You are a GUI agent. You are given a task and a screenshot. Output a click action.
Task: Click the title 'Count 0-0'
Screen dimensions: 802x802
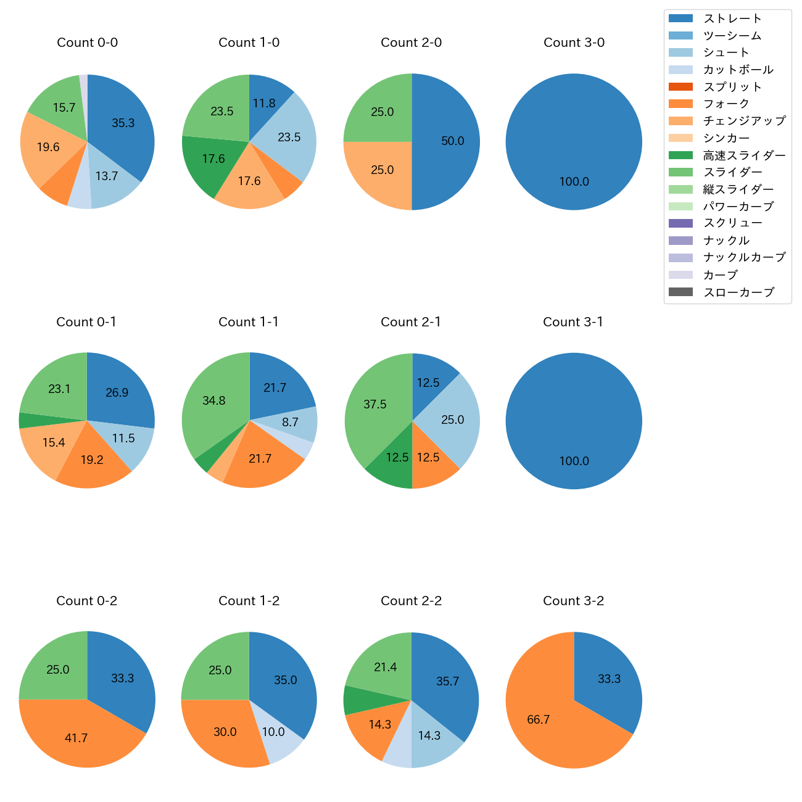tap(87, 43)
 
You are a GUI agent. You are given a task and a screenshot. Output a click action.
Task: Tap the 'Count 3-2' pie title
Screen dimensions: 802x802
tap(573, 601)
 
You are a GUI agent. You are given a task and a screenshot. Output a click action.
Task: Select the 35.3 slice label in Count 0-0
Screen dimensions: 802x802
tap(123, 123)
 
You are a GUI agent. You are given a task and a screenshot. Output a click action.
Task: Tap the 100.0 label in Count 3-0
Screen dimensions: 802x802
tap(574, 182)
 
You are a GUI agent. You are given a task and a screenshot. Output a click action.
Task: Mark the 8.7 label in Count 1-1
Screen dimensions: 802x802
tap(290, 423)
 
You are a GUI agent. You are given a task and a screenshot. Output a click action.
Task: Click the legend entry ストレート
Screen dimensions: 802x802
tap(732, 19)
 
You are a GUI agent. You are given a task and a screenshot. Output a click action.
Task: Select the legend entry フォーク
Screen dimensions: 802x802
tap(726, 104)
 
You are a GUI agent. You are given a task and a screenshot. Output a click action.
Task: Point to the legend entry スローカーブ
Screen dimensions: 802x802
tap(738, 292)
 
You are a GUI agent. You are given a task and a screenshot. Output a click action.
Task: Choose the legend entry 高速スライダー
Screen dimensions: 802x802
tap(744, 155)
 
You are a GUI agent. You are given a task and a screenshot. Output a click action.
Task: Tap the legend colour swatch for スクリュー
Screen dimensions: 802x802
tap(680, 223)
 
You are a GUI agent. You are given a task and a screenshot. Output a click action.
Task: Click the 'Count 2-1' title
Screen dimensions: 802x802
tap(411, 322)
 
